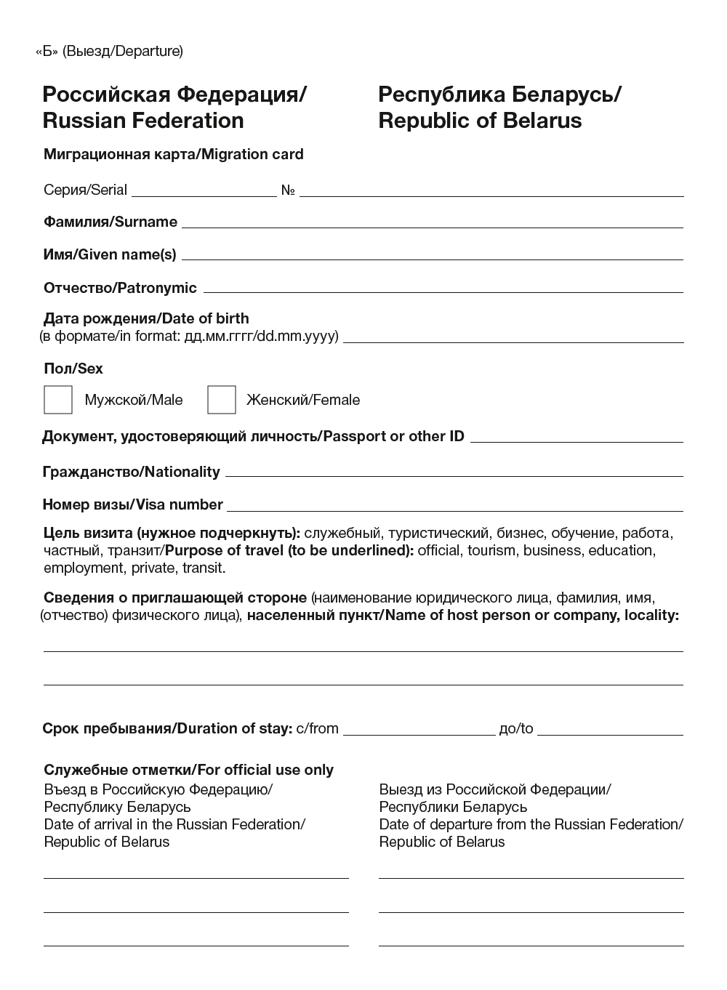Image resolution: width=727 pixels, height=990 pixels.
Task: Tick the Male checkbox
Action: tap(58, 400)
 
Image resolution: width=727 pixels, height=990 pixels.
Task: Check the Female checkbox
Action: tap(222, 400)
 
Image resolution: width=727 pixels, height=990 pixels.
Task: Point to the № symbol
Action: tap(288, 190)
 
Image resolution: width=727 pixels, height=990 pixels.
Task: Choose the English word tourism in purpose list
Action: tap(491, 550)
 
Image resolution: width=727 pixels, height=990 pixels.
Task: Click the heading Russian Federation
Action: tap(143, 120)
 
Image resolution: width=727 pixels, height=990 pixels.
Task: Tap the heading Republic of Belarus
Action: tap(480, 120)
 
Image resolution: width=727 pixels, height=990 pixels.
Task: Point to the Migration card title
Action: tap(174, 154)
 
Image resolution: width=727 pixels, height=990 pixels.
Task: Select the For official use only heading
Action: tap(188, 770)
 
